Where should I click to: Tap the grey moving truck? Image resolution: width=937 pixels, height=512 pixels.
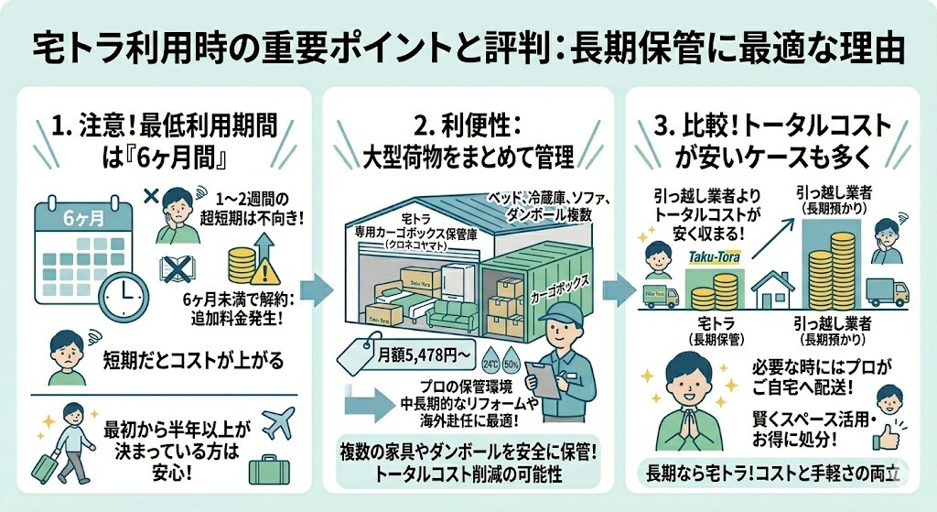click(887, 291)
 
